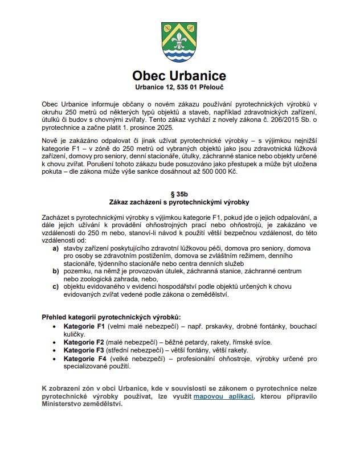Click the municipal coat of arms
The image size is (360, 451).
coord(179,42)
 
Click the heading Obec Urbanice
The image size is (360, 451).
coord(179,76)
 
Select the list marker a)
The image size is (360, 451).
coord(55,249)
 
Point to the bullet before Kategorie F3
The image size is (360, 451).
coord(55,351)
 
